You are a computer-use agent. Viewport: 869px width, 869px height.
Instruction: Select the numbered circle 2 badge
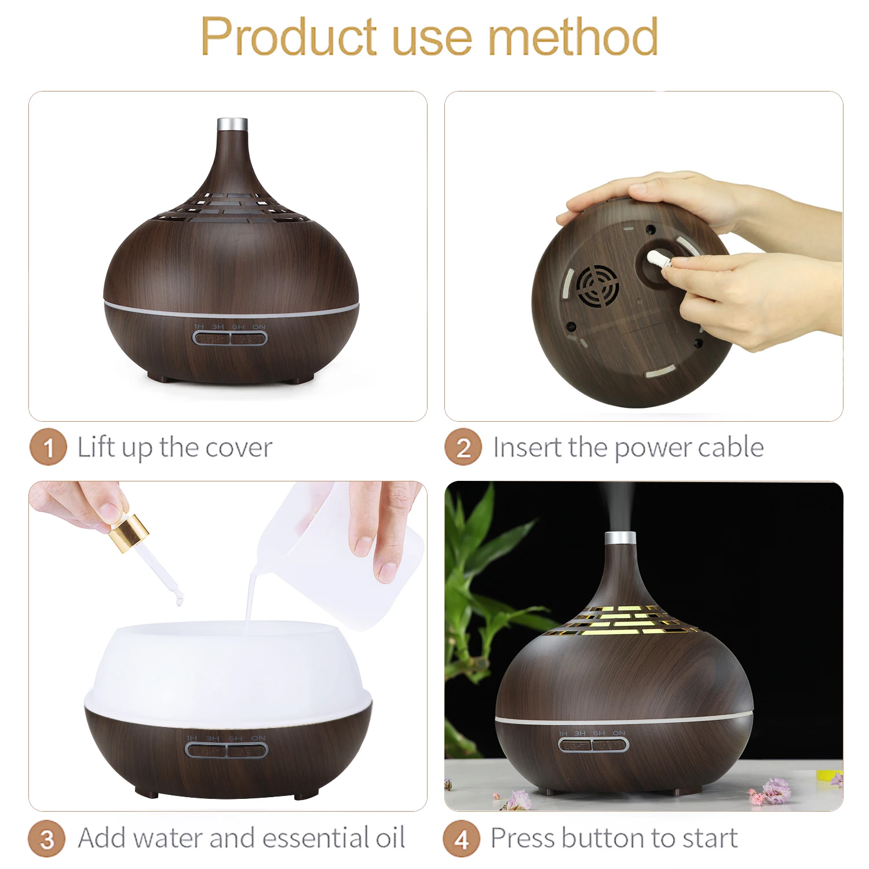(x=463, y=447)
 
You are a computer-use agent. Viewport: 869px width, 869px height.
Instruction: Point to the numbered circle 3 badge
(x=47, y=839)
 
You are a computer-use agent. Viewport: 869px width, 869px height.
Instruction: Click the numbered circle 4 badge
(x=462, y=839)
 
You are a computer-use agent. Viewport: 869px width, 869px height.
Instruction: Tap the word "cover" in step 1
(x=239, y=448)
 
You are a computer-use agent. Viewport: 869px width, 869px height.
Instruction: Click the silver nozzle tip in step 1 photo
(x=232, y=125)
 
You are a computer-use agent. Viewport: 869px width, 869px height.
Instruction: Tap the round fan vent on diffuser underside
(x=595, y=286)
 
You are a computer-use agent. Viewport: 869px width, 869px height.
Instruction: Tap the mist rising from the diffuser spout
(x=620, y=504)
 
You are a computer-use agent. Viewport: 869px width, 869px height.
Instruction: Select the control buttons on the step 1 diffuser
(x=230, y=338)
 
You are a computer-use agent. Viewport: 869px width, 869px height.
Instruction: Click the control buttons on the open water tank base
(x=227, y=750)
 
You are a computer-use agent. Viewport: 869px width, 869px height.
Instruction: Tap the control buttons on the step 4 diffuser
(x=593, y=744)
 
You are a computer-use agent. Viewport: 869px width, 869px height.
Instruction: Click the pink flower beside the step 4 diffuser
(x=774, y=790)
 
